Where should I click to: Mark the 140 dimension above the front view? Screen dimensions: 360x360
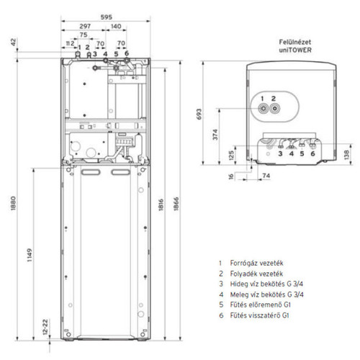116,26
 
